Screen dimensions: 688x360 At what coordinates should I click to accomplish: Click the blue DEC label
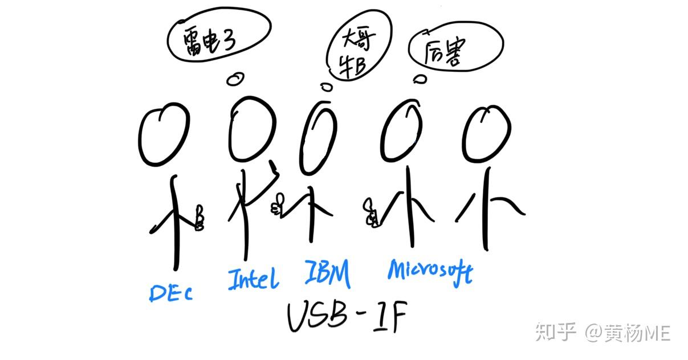170,292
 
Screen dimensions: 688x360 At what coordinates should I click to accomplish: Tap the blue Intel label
254,279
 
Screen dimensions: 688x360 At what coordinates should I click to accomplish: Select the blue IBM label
327,273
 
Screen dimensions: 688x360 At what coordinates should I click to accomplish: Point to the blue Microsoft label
430,272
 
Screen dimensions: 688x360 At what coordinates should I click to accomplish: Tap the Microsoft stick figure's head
404,133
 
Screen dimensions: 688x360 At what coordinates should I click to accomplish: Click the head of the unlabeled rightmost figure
484,132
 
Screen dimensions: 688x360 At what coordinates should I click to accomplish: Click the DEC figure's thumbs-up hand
199,218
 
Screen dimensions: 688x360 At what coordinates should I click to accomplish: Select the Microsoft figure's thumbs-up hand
372,212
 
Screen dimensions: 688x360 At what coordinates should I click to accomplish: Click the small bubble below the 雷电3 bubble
233,79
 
